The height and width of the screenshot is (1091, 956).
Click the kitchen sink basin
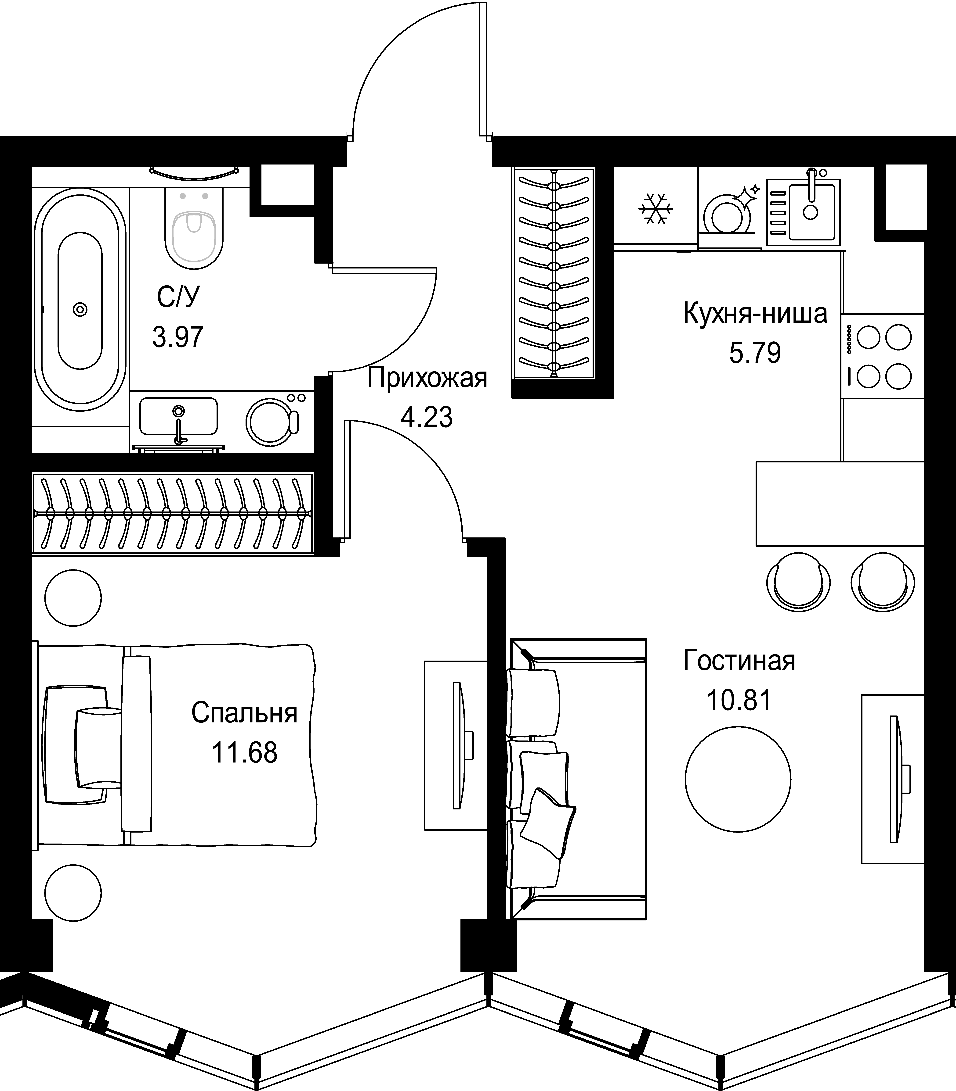pyautogui.click(x=811, y=211)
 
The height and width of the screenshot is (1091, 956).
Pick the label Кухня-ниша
pyautogui.click(x=755, y=314)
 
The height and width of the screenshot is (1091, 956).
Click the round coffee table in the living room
pyautogui.click(x=738, y=781)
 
